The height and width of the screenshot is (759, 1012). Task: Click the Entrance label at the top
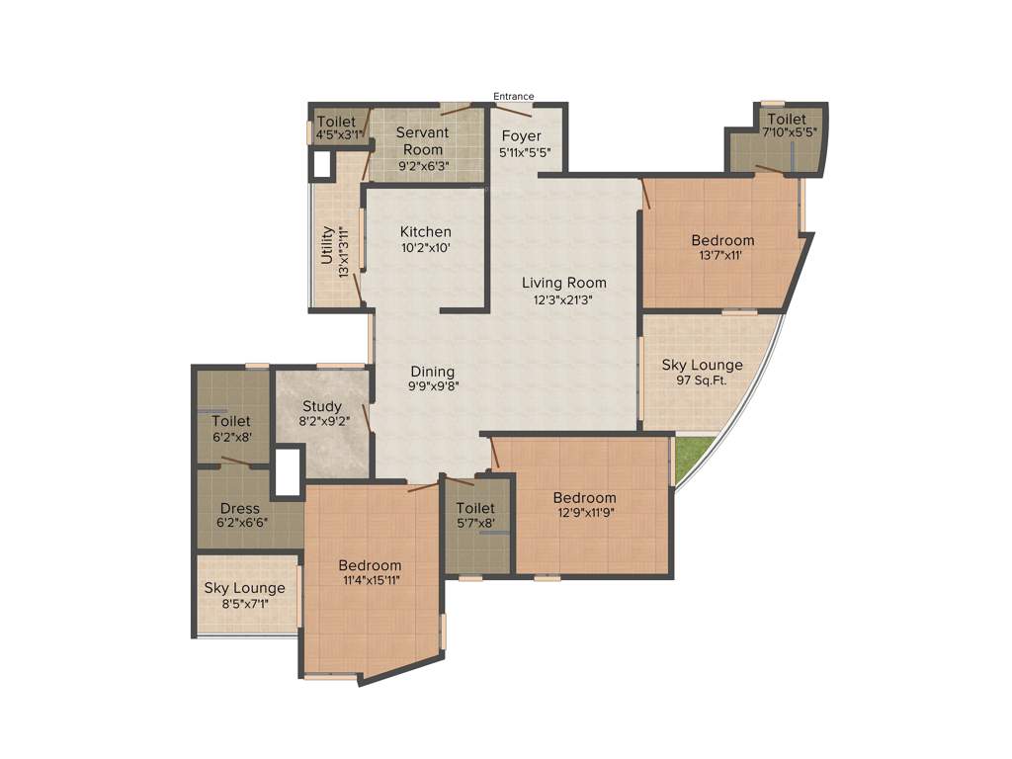point(514,96)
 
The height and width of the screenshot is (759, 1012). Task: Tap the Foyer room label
point(521,135)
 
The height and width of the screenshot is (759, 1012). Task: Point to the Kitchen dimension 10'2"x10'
point(425,249)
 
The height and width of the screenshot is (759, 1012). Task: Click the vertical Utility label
point(327,245)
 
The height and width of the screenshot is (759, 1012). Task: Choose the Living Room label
point(564,283)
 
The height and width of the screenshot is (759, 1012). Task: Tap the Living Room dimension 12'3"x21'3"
point(564,299)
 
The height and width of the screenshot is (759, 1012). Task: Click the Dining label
point(433,372)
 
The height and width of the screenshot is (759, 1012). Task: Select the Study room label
point(322,406)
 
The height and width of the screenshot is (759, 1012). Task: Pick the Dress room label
point(240,509)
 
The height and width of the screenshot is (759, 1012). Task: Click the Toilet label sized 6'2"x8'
point(231,421)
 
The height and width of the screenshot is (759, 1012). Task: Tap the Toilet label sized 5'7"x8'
point(475,508)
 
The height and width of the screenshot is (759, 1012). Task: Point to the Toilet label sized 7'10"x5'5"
point(787,120)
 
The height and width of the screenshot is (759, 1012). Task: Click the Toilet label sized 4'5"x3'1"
point(336,122)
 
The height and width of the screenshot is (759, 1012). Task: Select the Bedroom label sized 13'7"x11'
point(722,240)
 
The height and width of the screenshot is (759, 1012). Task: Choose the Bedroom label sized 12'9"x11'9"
point(584,497)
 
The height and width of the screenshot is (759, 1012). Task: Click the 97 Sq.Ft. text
point(703,380)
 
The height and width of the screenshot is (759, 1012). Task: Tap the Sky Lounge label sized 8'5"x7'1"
point(244,588)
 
